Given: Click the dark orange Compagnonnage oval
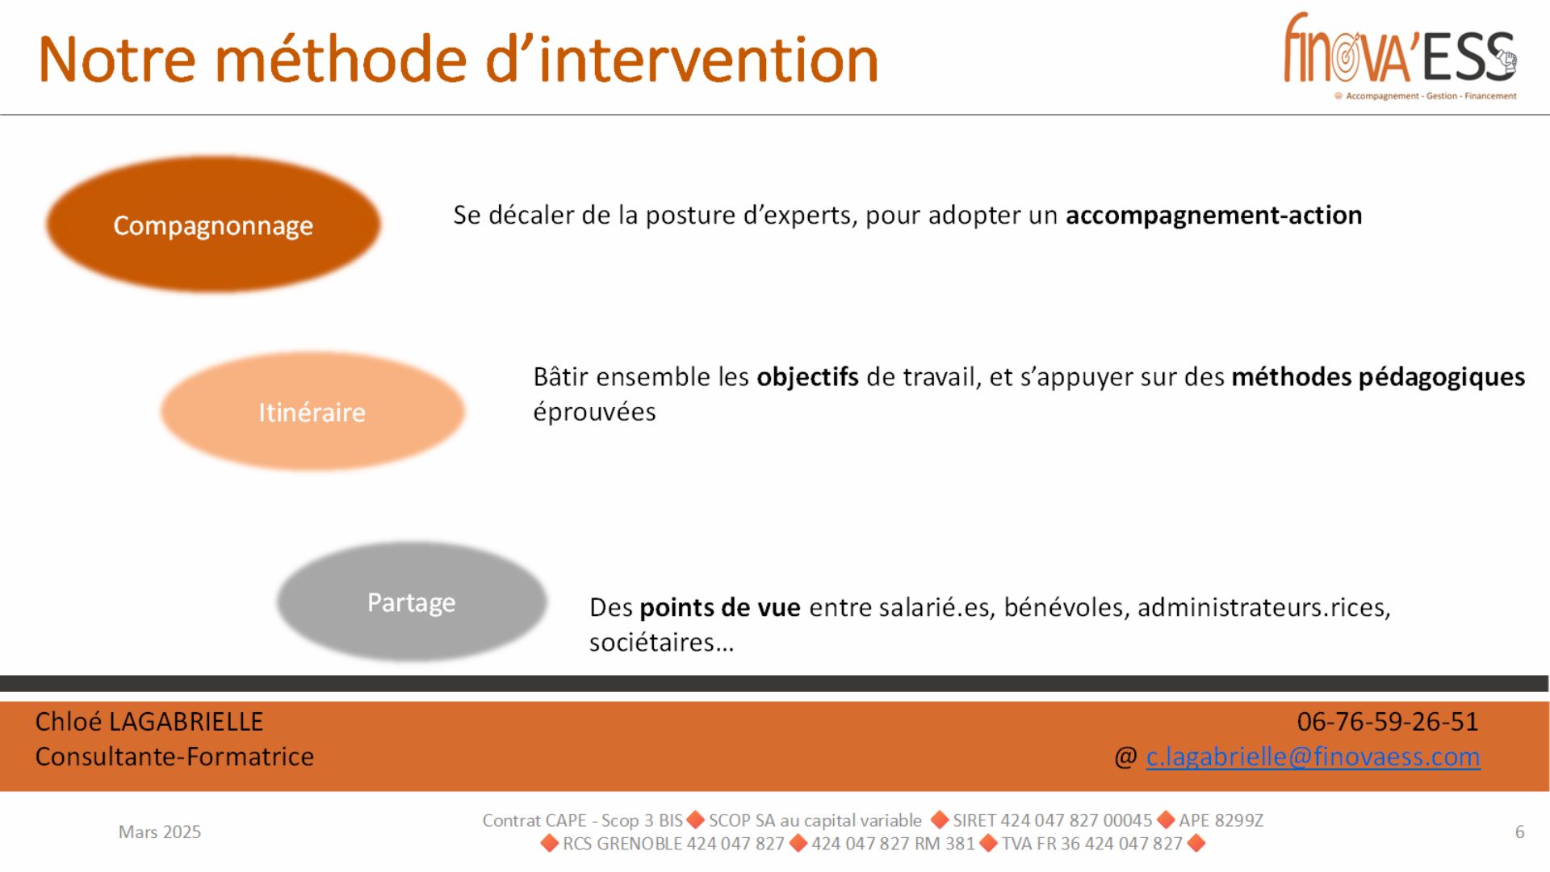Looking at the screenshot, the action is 213,224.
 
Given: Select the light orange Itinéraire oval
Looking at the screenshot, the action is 312,411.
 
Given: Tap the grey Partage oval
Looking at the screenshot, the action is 412,602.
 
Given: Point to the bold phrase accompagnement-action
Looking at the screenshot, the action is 1213,216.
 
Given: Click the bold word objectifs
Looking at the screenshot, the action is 807,377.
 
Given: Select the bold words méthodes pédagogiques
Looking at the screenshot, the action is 1378,377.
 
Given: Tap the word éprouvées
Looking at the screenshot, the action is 594,412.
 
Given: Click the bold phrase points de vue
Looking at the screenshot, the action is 720,607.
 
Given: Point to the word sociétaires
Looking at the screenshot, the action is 651,643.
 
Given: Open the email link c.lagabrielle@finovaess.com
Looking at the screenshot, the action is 1313,757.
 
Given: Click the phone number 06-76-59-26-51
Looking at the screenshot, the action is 1388,721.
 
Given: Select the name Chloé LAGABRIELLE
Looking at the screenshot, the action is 149,721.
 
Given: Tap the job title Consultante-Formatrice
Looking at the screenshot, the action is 174,757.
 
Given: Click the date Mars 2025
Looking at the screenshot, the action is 160,832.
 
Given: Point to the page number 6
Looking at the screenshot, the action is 1519,832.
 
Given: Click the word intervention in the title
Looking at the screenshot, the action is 708,60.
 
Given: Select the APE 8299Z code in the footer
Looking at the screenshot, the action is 1221,820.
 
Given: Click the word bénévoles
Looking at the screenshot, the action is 1066,607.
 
